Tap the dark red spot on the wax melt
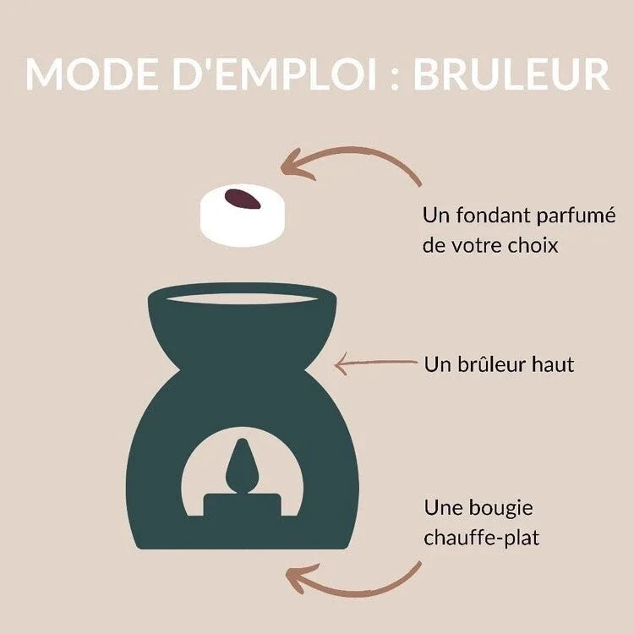243,200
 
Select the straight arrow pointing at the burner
376,364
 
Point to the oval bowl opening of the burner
241,298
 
